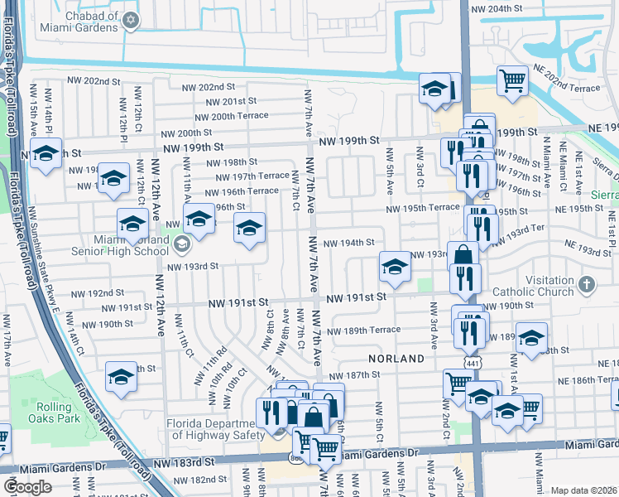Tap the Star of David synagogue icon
point(130,21)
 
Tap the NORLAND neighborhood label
point(397,359)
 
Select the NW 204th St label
point(497,9)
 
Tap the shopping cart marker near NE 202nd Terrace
point(513,81)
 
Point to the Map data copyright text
point(583,490)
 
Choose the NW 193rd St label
point(192,267)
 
